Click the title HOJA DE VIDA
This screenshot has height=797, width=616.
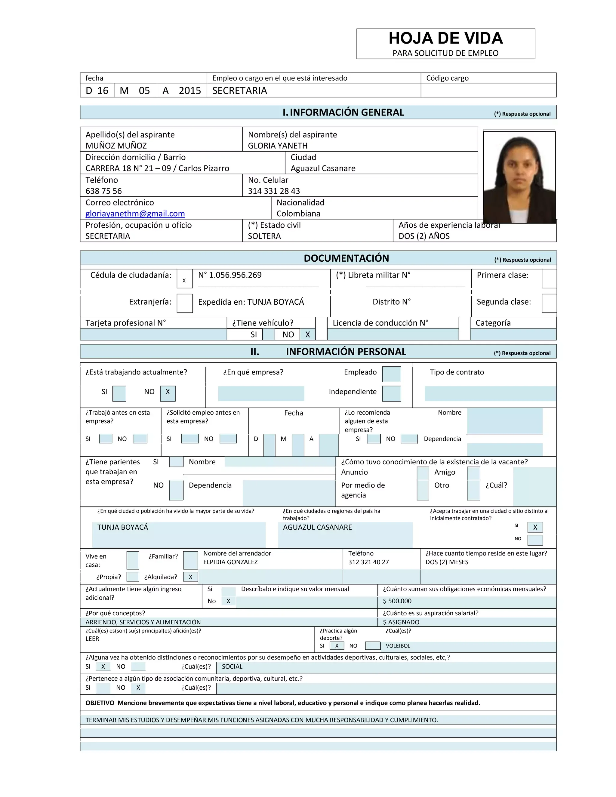[x=445, y=38]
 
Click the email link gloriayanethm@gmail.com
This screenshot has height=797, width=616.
[x=135, y=214]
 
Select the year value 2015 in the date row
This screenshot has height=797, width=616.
[x=190, y=91]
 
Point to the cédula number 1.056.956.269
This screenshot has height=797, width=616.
[x=230, y=275]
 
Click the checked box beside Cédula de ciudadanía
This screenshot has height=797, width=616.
[x=184, y=279]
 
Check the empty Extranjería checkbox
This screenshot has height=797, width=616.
[x=184, y=303]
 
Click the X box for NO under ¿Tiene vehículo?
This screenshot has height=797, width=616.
[x=308, y=334]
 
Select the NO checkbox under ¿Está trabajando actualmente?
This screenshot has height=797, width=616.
[x=168, y=393]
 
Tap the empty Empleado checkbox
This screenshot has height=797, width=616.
[x=391, y=374]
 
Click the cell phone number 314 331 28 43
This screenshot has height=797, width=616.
[x=274, y=191]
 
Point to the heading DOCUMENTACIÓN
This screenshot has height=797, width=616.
[x=346, y=258]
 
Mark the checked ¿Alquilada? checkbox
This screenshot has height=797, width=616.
[x=190, y=577]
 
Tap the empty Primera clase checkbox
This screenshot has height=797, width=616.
[x=549, y=279]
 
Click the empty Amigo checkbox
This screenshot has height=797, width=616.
[x=473, y=473]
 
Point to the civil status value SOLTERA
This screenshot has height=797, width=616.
[x=264, y=236]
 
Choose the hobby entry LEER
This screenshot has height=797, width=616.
[x=92, y=639]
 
